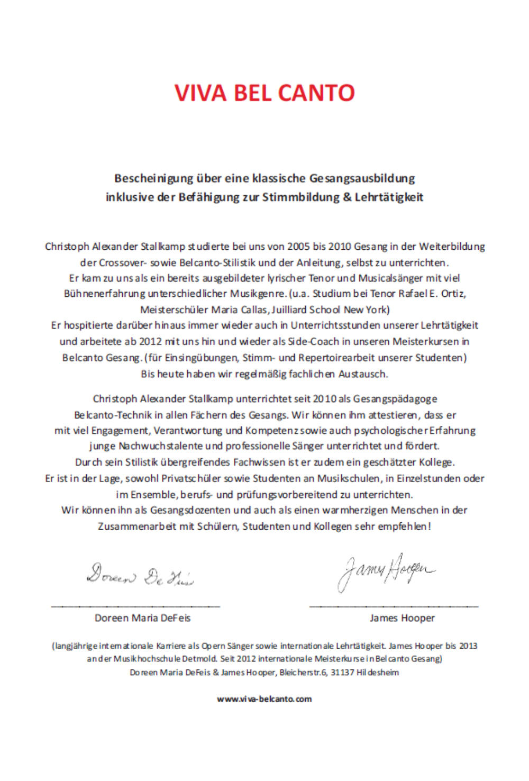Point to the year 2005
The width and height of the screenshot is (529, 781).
coord(298,247)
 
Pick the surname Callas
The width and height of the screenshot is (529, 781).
coord(254,310)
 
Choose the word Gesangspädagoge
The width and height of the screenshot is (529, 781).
coord(395,398)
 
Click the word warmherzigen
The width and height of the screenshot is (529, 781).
coord(354,510)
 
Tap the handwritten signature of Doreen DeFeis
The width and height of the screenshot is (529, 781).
coord(140,575)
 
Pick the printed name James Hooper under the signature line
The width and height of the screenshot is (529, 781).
coord(402,618)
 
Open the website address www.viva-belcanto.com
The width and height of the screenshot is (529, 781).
coord(264,699)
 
